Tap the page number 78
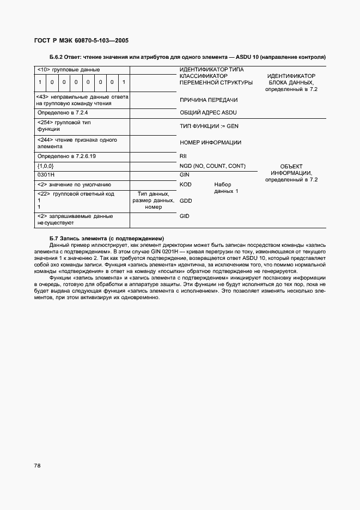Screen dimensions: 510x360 point(38,466)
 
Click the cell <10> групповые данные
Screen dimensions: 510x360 point(68,70)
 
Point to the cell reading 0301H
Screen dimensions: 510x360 point(46,175)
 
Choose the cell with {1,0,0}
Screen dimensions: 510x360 point(45,166)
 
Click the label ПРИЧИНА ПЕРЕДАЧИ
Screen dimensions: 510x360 point(208,100)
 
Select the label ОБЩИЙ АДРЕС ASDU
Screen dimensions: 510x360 point(208,112)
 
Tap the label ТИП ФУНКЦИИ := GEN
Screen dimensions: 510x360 point(209,126)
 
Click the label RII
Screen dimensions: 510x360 point(183,156)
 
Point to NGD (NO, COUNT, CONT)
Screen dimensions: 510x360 point(212,166)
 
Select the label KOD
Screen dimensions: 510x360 point(185,185)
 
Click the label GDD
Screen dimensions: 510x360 point(185,201)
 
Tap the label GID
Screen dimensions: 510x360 point(184,216)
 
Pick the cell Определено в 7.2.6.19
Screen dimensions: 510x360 point(66,156)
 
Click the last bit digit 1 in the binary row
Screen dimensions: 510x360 point(124,82)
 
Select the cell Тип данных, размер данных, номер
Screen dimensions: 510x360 point(153,201)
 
